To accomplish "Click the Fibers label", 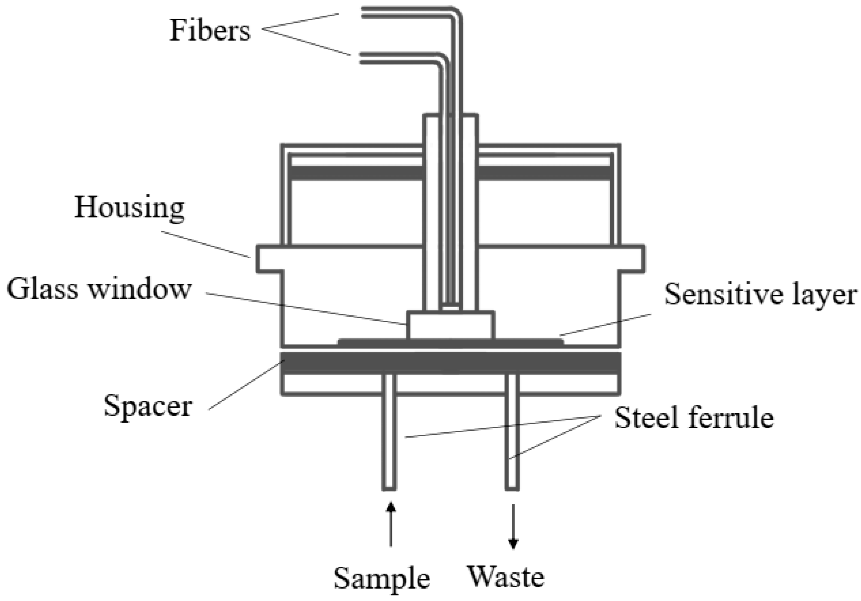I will (210, 31).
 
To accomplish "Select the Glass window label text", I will (100, 289).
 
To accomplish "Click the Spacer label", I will (148, 406).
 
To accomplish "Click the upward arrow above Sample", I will (391, 525).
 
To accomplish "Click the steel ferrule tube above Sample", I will (389, 442).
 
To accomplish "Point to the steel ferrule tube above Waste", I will (512, 442).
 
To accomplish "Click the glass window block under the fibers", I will (450, 326).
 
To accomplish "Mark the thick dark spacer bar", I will (450, 363).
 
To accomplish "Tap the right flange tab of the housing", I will (632, 259).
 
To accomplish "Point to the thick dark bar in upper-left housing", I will (356, 173).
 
